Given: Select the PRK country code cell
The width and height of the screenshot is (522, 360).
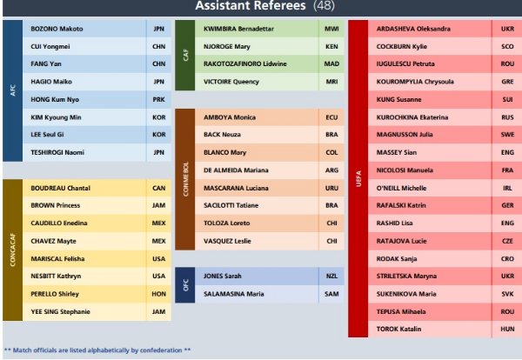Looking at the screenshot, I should coord(158,99).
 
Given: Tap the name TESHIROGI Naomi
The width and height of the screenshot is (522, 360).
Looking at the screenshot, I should coord(57,152).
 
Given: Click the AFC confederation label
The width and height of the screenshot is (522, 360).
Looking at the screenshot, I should coord(12,90).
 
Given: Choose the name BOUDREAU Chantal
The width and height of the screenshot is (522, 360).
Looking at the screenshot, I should coord(60,188).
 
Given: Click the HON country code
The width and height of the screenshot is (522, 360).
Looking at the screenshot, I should coord(158,293).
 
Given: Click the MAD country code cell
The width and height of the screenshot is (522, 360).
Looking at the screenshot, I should coord(331,63).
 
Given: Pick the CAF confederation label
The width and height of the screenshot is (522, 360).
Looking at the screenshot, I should coord(184,55).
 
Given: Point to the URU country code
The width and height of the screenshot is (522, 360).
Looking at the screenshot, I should coord(331,188).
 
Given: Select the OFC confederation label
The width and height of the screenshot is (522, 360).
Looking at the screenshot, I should coord(184,284).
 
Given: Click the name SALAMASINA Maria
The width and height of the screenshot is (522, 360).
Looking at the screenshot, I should coord(233,293).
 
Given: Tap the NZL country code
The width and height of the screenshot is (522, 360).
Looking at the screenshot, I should coord(331,276).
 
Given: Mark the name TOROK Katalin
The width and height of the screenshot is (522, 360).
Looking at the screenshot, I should coord(400,329).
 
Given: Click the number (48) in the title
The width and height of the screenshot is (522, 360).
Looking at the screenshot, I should coord(326,6).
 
